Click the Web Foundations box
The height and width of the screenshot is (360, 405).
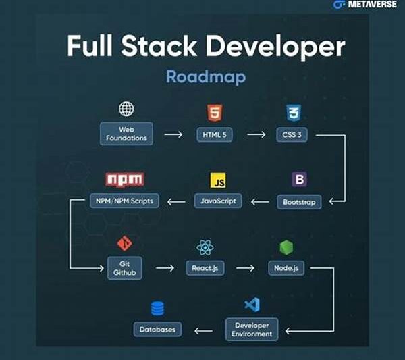pyautogui.click(x=126, y=133)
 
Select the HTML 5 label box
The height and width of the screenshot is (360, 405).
pyautogui.click(x=214, y=134)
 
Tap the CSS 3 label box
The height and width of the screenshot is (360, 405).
pyautogui.click(x=292, y=134)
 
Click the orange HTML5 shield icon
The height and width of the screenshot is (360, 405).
pyautogui.click(x=214, y=112)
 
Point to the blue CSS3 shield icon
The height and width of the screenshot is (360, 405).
pyautogui.click(x=292, y=112)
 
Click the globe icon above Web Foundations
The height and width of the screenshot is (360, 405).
pyautogui.click(x=126, y=109)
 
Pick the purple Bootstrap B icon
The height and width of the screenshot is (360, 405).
pyautogui.click(x=298, y=180)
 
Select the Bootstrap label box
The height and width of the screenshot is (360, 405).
pyautogui.click(x=298, y=201)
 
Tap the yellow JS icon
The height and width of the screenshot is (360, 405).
pyautogui.click(x=218, y=180)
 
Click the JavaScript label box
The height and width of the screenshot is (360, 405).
pyautogui.click(x=218, y=201)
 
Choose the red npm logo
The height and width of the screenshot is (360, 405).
pyautogui.click(x=125, y=180)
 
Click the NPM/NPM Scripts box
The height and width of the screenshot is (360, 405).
pyautogui.click(x=125, y=201)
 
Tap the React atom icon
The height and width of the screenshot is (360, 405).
pyautogui.click(x=205, y=247)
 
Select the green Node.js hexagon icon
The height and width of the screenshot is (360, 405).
pyautogui.click(x=286, y=247)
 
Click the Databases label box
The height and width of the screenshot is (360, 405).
pyautogui.click(x=158, y=329)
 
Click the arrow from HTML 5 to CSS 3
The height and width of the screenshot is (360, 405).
pyautogui.click(x=256, y=134)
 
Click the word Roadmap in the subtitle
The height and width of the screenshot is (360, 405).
pyautogui.click(x=205, y=76)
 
